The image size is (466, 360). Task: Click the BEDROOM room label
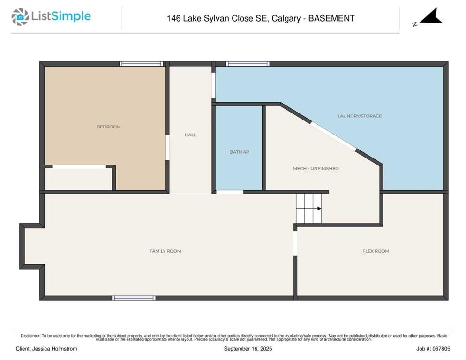(x=108, y=127)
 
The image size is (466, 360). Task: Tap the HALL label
(x=190, y=135)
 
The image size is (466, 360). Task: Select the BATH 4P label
(x=239, y=152)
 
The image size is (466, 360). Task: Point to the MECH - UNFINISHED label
(x=316, y=168)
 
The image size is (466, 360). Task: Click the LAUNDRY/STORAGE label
(x=360, y=116)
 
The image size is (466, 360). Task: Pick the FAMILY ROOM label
(x=165, y=251)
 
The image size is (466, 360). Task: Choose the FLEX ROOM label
(x=376, y=251)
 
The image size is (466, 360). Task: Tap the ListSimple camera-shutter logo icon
(x=20, y=17)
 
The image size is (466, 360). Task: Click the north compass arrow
(x=431, y=16)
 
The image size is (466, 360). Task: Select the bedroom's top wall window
(x=141, y=64)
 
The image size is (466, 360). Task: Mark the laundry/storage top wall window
(x=248, y=64)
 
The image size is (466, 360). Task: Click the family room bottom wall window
(x=134, y=298)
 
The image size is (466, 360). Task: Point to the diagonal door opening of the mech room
(x=333, y=136)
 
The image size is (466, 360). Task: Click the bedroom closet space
(x=78, y=179)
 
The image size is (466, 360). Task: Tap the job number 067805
(x=441, y=349)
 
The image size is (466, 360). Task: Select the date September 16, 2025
(x=248, y=349)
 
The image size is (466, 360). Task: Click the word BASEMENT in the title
(x=331, y=18)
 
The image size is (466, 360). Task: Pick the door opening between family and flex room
(x=295, y=243)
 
